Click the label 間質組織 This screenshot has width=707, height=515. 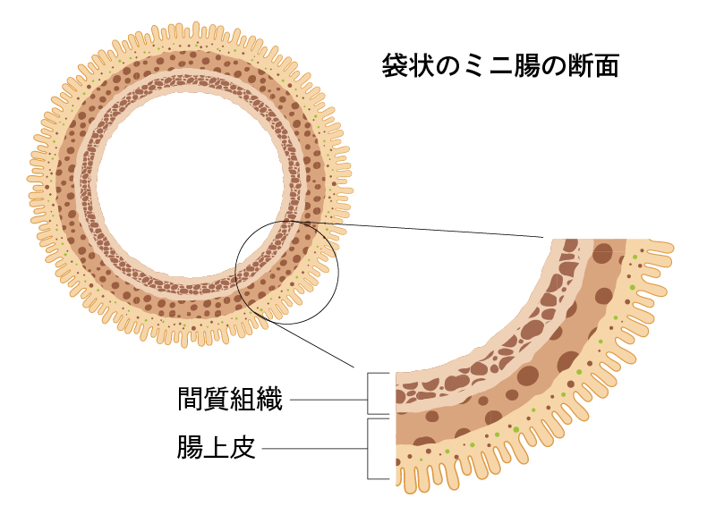point(230,399)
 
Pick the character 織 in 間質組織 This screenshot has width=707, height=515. point(269,399)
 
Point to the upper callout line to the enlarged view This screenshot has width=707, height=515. point(430,229)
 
